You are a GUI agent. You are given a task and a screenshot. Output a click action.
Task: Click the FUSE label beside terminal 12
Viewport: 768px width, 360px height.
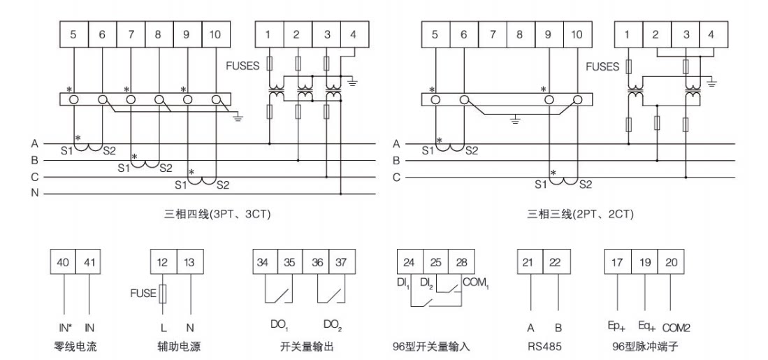point(142,293)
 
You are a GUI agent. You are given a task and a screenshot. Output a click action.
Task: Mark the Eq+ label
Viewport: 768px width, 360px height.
point(647,326)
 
